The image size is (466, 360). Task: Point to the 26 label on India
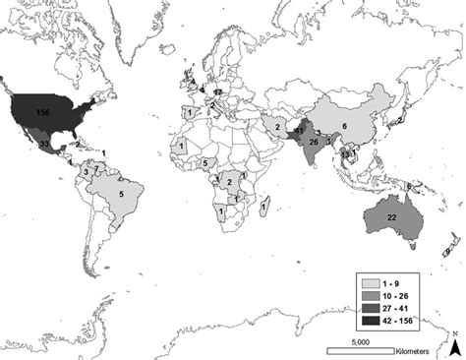313,141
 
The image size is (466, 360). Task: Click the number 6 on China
344,125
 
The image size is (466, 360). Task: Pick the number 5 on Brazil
120,195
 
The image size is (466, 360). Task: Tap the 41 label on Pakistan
299,129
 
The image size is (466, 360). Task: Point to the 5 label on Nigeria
204,163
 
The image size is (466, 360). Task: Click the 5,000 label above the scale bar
359,340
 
